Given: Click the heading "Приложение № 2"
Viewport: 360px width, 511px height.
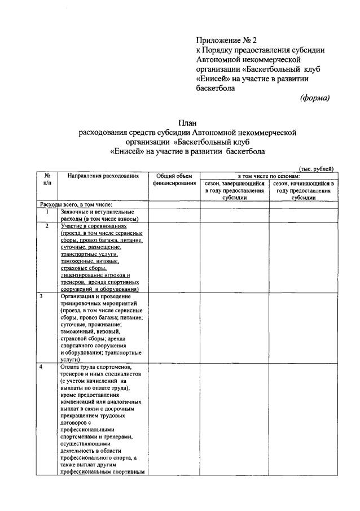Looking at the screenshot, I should click(226, 41).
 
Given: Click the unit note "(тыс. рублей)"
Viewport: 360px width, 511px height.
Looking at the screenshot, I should click(317, 169).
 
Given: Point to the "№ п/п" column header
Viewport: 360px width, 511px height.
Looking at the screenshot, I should click(47, 180).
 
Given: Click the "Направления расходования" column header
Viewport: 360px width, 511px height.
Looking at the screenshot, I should click(103, 176).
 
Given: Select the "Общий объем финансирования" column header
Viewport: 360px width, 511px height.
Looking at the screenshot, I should click(174, 180).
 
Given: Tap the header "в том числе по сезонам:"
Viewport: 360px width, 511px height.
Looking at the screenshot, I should click(268, 176).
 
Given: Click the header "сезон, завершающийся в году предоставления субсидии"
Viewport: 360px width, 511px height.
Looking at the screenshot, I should click(234, 191).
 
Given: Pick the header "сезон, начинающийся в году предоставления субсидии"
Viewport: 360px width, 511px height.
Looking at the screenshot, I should click(303, 191).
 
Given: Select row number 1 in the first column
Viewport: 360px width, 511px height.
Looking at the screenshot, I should click(47, 212).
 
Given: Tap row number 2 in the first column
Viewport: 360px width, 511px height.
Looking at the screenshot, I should click(47, 226).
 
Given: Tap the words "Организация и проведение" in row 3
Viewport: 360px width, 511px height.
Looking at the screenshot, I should click(95, 296).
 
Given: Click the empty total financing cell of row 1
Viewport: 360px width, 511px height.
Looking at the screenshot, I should click(174, 215).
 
